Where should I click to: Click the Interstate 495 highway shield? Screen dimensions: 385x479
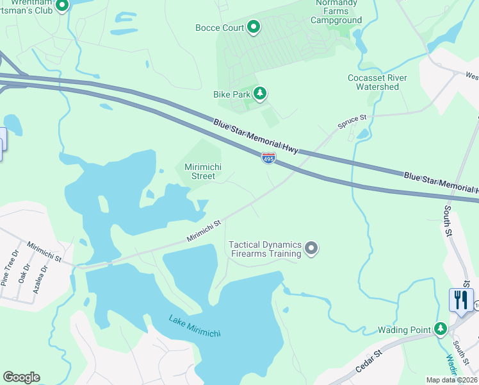[x=268, y=158]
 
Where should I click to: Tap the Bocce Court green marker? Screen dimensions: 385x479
[x=254, y=27]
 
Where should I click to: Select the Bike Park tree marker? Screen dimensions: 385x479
[x=259, y=94]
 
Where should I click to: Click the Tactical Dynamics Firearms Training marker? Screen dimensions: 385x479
[x=311, y=248]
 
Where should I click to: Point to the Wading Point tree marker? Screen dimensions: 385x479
[x=440, y=329]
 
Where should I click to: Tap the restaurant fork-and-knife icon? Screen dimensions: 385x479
[x=460, y=300]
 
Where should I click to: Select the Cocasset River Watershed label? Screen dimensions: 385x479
[x=377, y=82]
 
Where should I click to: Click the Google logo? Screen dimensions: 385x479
[x=21, y=377]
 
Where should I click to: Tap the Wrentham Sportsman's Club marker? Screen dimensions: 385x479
[x=61, y=6]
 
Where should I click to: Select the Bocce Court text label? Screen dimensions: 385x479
[x=220, y=28]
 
